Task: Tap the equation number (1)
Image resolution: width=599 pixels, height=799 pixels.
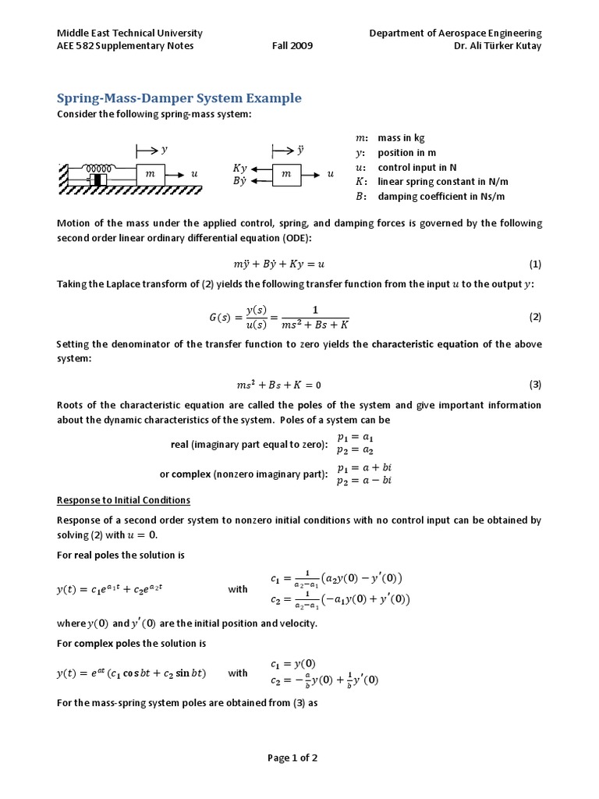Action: [x=535, y=264]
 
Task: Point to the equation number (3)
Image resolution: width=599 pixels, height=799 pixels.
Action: [x=535, y=385]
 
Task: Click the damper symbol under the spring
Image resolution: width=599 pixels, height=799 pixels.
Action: [x=98, y=181]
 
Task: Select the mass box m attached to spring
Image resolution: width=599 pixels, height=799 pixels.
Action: [x=151, y=175]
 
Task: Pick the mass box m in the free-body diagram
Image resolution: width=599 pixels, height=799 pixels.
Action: [x=286, y=175]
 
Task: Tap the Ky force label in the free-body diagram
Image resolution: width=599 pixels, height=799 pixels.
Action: [x=240, y=168]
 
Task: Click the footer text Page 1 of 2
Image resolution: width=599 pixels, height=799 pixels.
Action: [x=292, y=758]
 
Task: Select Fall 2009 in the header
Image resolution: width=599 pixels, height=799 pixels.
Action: [x=292, y=45]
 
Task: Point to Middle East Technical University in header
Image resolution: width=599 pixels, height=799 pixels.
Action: [x=130, y=33]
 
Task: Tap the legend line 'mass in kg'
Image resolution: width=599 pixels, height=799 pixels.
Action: [x=401, y=137]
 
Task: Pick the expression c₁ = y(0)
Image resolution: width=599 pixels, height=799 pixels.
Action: [x=293, y=664]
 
